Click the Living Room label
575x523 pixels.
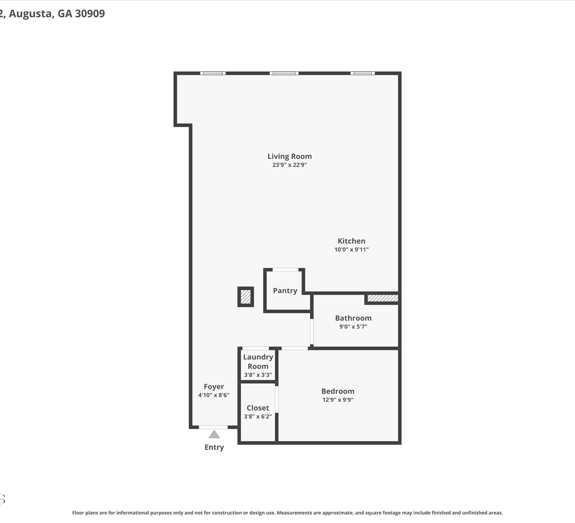coord(289,156)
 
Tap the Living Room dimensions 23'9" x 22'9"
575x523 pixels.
coord(289,165)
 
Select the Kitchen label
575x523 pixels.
coord(352,241)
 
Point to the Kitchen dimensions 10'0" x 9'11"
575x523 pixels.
coord(352,249)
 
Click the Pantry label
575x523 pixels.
coord(285,290)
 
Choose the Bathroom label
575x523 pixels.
coord(353,318)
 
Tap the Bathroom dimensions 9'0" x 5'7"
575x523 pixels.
coord(353,326)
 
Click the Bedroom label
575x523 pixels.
coord(338,391)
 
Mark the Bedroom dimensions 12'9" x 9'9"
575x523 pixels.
coord(338,400)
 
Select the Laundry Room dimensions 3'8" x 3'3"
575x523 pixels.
coord(258,375)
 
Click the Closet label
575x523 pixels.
coord(258,408)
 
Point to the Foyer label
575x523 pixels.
coord(214,387)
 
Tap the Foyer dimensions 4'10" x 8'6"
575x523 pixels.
coord(214,395)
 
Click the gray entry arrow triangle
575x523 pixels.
coord(214,435)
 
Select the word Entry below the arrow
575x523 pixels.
coord(214,448)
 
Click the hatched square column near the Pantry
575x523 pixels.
coord(246,297)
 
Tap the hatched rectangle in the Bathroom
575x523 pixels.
coord(383,298)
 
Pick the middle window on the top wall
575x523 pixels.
coord(284,73)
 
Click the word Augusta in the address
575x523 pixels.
coord(31,14)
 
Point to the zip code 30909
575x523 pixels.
coord(90,13)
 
